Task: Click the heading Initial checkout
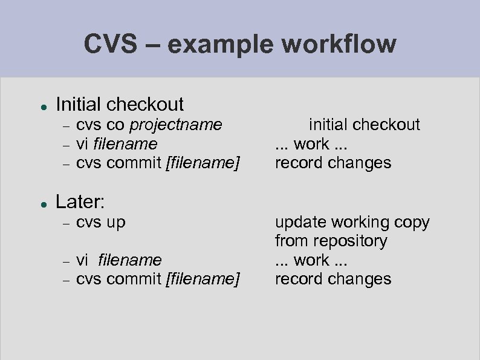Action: pyautogui.click(x=120, y=104)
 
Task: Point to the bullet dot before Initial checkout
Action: pyautogui.click(x=44, y=105)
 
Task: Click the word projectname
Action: pyautogui.click(x=177, y=125)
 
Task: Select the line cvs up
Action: pyautogui.click(x=101, y=222)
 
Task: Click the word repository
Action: pyautogui.click(x=351, y=241)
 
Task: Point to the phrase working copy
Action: pyautogui.click(x=380, y=223)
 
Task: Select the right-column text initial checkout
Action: pyautogui.click(x=364, y=125)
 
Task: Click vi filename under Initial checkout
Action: pyautogui.click(x=117, y=144)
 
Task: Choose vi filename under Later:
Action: pyautogui.click(x=119, y=260)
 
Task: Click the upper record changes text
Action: pyautogui.click(x=333, y=163)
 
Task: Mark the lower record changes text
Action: pyautogui.click(x=333, y=279)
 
